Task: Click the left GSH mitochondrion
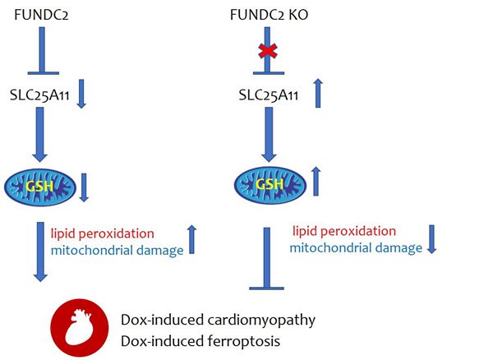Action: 41,183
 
